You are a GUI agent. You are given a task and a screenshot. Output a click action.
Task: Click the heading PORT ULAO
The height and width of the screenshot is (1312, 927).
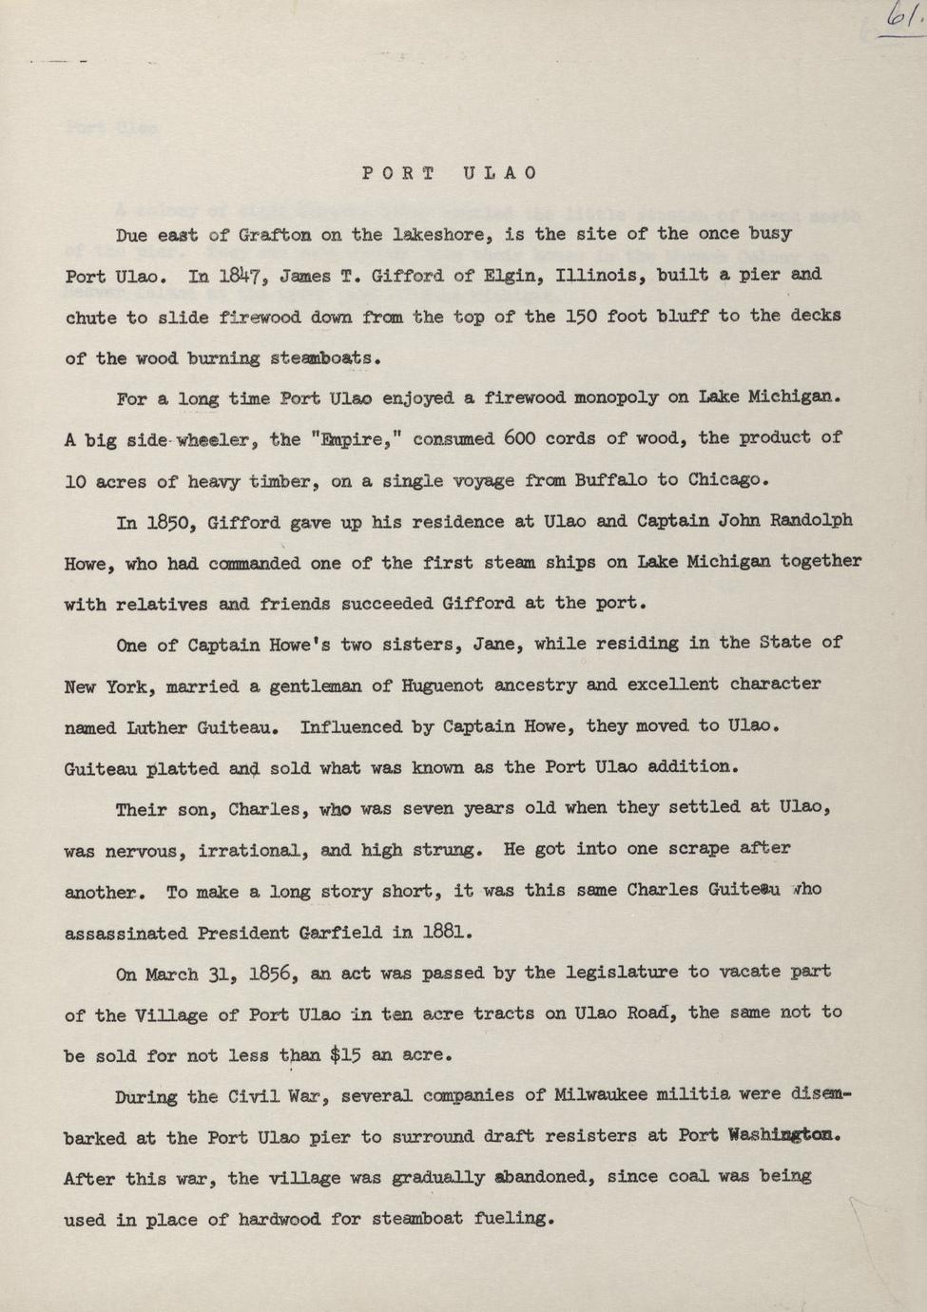pos(450,173)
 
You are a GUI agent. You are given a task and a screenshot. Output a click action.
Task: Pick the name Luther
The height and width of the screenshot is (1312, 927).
pos(152,727)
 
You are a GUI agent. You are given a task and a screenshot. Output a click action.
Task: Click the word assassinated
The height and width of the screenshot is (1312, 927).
pos(125,934)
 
